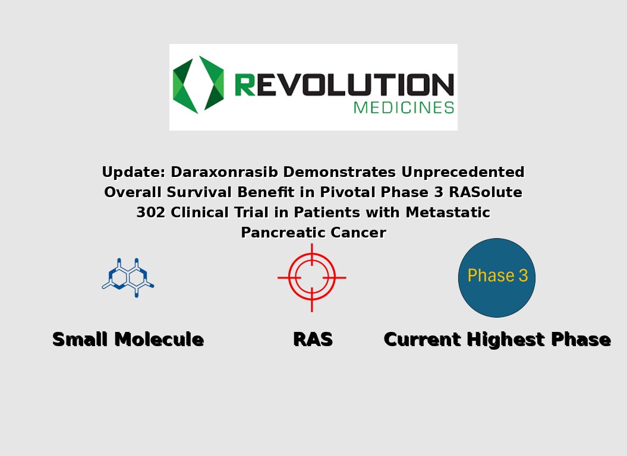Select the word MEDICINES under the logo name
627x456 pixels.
click(404, 107)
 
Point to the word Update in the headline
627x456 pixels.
click(133, 172)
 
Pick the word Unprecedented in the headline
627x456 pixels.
click(462, 172)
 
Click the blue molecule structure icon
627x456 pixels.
click(128, 277)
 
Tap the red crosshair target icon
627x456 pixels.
click(312, 277)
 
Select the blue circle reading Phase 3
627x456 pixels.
click(497, 277)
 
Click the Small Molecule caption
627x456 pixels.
click(128, 340)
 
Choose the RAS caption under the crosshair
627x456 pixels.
click(313, 340)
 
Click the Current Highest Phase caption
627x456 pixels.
click(497, 340)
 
